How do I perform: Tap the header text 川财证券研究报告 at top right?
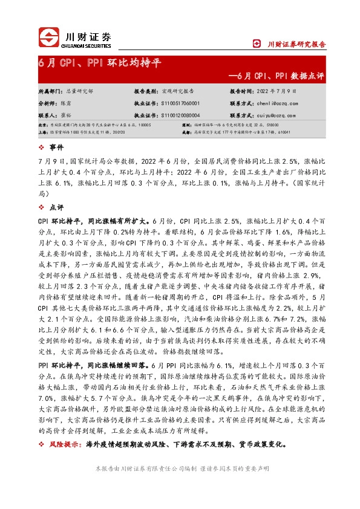click(x=296, y=44)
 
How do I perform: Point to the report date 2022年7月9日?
click(x=277, y=91)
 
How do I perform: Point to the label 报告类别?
click(x=145, y=91)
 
